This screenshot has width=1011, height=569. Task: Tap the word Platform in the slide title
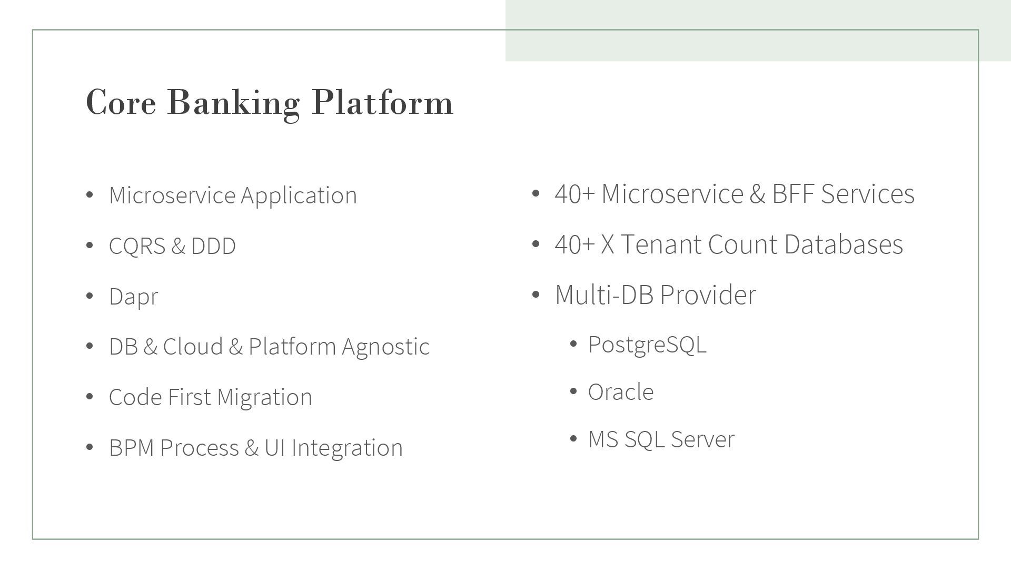382,102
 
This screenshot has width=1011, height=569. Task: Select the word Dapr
133,297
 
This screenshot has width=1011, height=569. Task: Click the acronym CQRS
137,246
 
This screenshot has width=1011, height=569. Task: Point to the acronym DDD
213,246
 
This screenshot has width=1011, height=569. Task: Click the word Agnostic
385,347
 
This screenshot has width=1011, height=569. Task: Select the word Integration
347,448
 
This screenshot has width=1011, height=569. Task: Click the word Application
299,195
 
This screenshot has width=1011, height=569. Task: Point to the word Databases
843,244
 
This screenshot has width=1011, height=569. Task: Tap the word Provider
708,295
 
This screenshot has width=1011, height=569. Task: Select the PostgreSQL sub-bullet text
647,345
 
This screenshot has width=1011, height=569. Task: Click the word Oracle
621,392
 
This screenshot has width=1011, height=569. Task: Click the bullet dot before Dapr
90,296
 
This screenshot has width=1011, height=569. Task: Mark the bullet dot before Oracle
574,392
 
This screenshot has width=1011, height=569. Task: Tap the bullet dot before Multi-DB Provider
536,295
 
